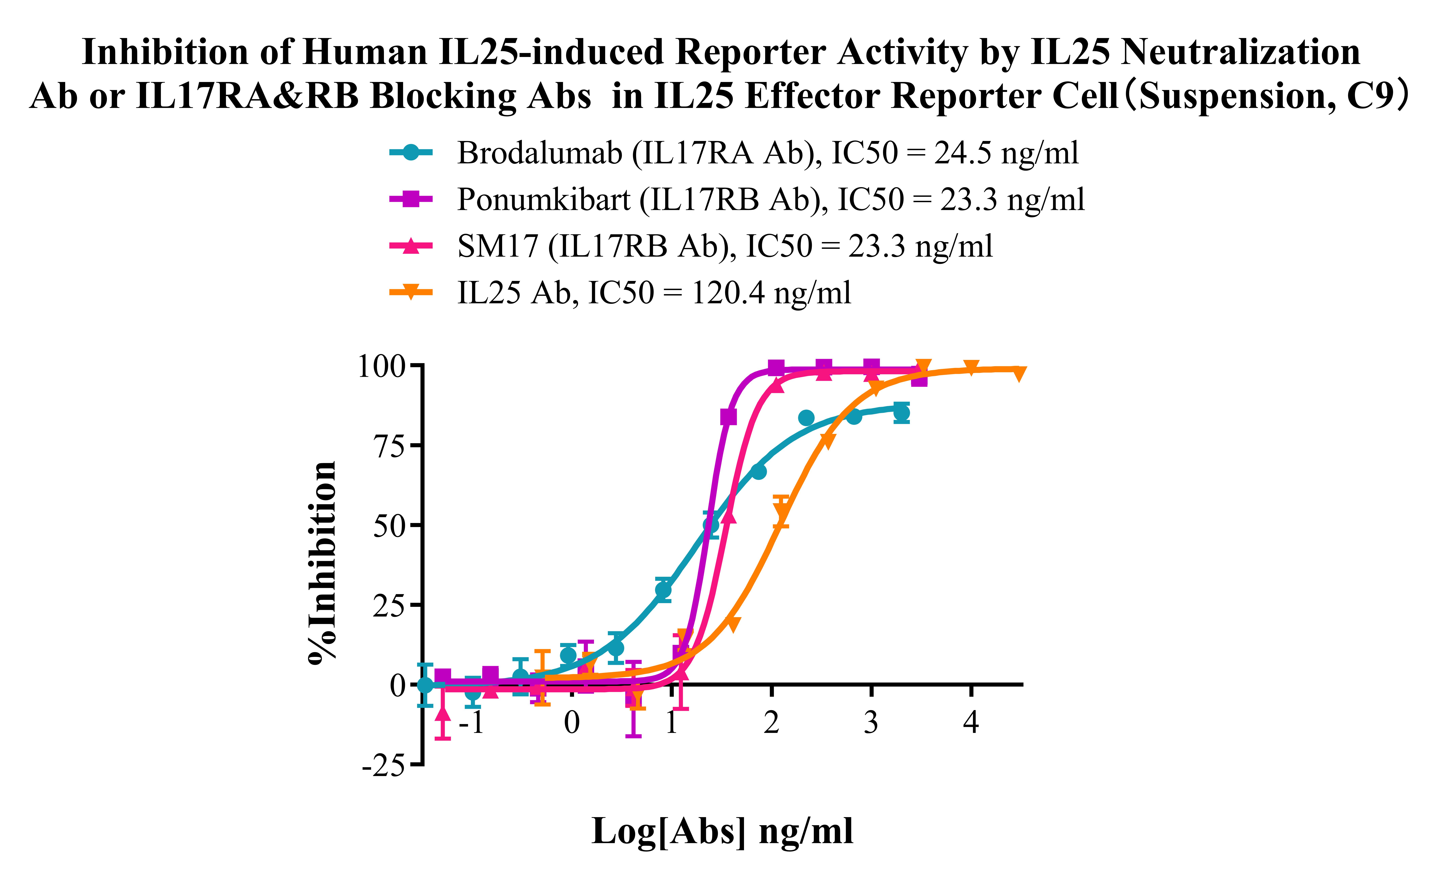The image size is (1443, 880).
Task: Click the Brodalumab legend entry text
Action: pos(767,153)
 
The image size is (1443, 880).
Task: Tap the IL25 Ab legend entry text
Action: pos(654,293)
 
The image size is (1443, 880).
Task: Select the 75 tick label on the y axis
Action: pos(389,447)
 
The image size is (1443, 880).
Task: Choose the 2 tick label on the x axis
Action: pos(771,723)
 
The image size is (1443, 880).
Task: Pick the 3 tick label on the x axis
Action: pos(871,723)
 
